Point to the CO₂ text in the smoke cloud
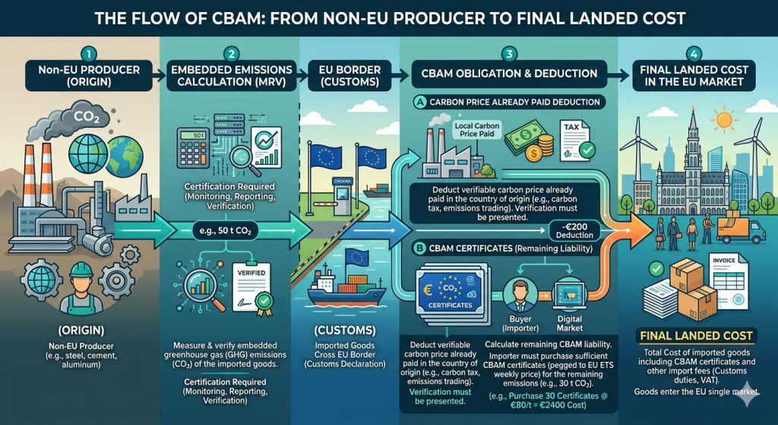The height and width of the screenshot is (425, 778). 86,119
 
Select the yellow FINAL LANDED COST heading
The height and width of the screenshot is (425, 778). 696,335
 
